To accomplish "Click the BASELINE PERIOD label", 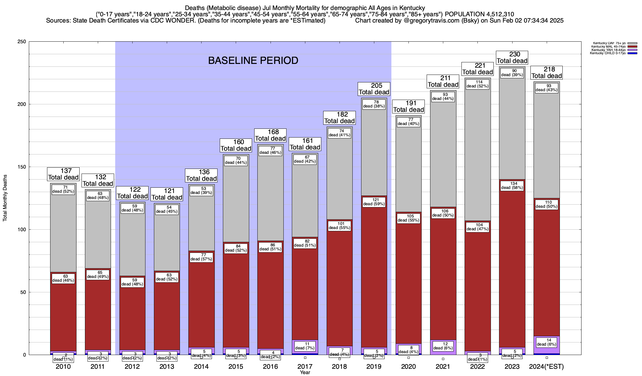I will pos(253,60).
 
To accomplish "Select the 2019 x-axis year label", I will pos(374,367).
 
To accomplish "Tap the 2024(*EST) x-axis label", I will pos(546,367).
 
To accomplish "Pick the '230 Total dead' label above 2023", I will pos(512,58).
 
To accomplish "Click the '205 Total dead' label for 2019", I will pos(374,89).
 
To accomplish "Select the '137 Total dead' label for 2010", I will pos(63,174).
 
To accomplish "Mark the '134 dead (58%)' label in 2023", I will pos(512,186).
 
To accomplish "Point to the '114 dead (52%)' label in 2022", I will pos(477,84).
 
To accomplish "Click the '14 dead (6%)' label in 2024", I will pos(546,342).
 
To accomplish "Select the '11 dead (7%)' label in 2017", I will pos(305,346).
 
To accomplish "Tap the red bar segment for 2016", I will pos(271,298).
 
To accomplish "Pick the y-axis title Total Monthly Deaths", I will pos(5,198).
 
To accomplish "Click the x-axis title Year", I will pos(305,373).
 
